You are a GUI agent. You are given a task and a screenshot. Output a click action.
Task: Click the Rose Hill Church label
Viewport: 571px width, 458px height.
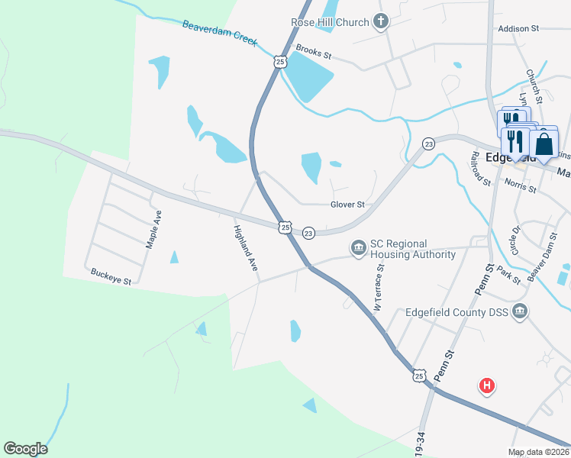330,22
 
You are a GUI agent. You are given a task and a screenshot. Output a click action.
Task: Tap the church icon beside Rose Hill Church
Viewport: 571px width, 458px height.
381,22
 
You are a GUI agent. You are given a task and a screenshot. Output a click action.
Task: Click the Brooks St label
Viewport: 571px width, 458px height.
314,53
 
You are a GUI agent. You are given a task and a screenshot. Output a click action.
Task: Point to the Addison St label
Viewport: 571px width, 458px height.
518,28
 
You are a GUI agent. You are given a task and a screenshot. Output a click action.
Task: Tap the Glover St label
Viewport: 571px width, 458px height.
347,205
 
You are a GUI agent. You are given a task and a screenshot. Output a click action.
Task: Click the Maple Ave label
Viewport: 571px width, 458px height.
153,229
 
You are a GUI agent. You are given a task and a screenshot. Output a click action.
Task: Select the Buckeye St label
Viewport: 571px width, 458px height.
111,276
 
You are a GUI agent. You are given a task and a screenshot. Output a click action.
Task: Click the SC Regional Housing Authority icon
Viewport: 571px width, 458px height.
358,248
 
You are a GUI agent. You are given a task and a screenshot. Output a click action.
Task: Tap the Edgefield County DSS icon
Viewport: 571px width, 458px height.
520,311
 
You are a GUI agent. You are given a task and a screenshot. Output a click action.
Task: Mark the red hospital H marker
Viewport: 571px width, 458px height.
486,386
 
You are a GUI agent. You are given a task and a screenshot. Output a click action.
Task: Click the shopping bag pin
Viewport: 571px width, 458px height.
544,144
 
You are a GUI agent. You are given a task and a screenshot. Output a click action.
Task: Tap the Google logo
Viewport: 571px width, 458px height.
25,449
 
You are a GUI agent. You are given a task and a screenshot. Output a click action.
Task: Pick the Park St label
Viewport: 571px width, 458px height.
508,275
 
